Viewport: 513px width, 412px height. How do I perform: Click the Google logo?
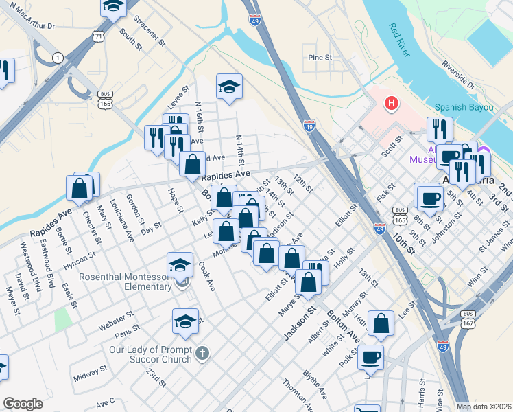pyautogui.click(x=23, y=404)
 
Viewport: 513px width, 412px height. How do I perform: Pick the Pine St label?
pyautogui.click(x=320, y=58)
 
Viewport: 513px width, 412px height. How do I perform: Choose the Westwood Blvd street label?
pyautogui.click(x=37, y=266)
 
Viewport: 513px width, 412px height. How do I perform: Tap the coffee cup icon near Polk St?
pyautogui.click(x=371, y=357)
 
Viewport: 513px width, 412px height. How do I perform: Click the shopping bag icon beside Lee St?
pyautogui.click(x=381, y=323)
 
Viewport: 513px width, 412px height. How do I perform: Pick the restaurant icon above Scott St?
pyautogui.click(x=439, y=128)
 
